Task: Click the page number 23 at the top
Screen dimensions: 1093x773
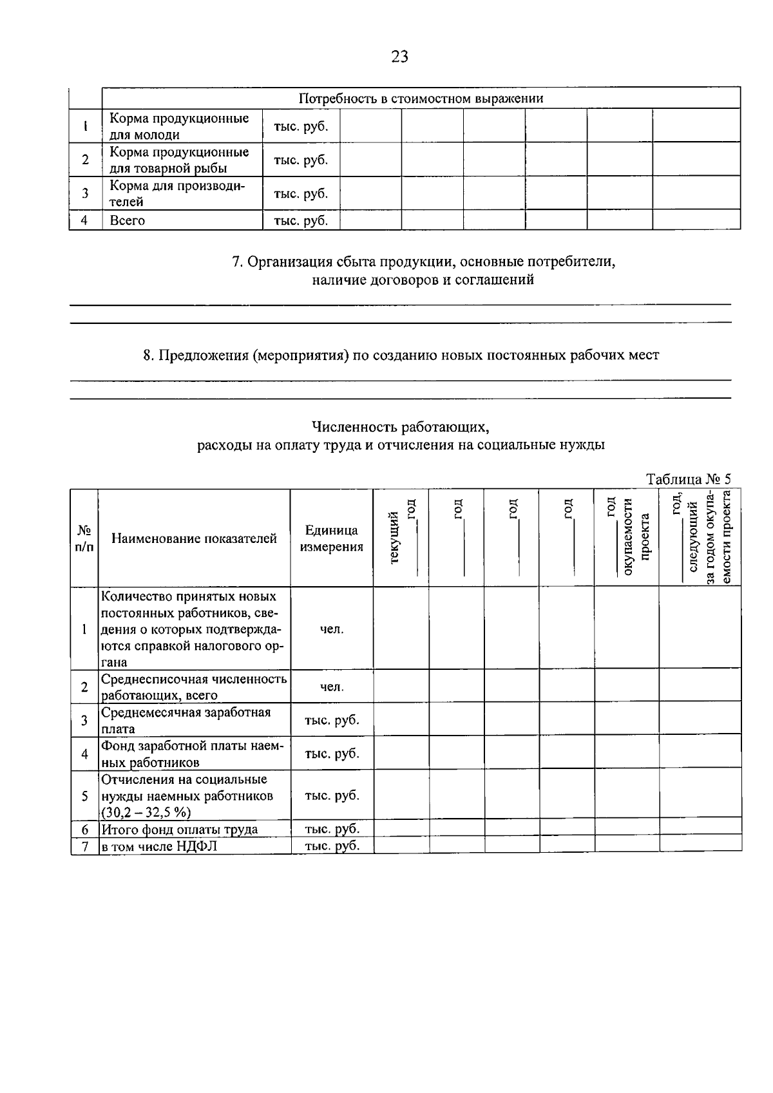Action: click(x=399, y=57)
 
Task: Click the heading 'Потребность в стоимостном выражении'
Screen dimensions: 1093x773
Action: click(x=421, y=99)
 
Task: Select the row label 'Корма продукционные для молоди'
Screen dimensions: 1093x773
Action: click(x=179, y=126)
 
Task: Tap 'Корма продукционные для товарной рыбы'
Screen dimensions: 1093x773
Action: click(x=179, y=160)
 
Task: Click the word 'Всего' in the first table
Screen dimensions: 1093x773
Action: click(x=128, y=220)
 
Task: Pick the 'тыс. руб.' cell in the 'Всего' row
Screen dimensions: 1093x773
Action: click(x=301, y=220)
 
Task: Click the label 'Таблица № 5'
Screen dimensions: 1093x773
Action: click(x=689, y=479)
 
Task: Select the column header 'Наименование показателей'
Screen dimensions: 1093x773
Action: click(x=194, y=538)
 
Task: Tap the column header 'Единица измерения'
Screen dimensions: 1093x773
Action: click(x=332, y=538)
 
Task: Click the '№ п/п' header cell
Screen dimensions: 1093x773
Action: click(x=84, y=538)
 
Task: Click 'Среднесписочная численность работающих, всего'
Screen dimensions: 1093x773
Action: click(x=193, y=687)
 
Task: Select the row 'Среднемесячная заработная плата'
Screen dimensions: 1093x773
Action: click(x=186, y=720)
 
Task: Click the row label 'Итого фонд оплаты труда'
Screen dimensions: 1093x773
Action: click(x=179, y=829)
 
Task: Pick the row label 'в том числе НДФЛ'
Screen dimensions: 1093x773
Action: click(x=159, y=846)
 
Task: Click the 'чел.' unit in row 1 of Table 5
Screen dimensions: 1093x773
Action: click(x=332, y=629)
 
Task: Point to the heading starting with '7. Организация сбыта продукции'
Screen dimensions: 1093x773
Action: click(x=423, y=262)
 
